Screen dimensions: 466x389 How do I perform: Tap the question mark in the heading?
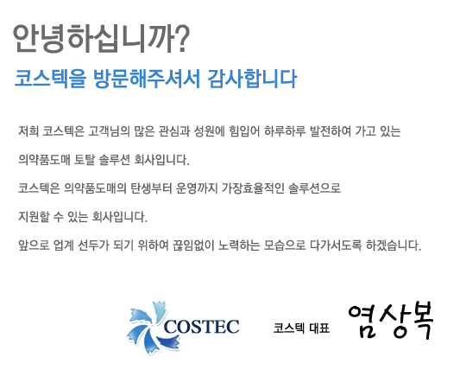(182, 39)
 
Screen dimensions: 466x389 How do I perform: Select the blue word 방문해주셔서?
(147, 79)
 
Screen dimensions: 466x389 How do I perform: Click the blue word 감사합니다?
(252, 79)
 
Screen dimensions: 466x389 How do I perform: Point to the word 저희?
(28, 131)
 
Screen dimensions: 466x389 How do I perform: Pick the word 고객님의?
(109, 131)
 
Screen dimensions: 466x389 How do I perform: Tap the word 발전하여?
(331, 131)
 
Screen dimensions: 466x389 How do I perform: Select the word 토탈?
(84, 160)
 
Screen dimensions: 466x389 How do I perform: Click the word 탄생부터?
(151, 188)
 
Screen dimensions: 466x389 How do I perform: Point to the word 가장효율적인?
(253, 188)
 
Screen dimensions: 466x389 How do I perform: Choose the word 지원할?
(34, 217)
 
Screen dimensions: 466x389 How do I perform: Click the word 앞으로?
(34, 246)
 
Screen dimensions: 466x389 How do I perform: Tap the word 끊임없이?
(193, 246)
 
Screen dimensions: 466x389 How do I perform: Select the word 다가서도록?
(336, 246)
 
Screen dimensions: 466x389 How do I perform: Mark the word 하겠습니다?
(394, 246)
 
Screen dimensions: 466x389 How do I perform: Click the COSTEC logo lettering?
(201, 327)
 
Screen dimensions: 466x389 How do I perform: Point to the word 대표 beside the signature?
(319, 328)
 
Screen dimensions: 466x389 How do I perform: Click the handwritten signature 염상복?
(391, 322)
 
